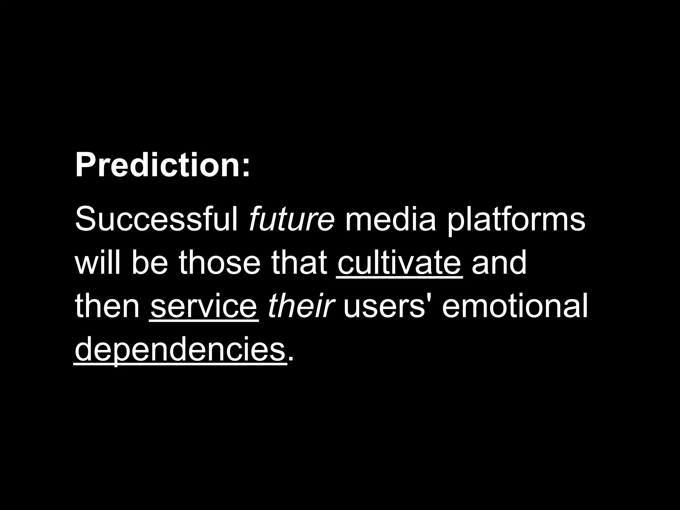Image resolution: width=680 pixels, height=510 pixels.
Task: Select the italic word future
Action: click(x=291, y=219)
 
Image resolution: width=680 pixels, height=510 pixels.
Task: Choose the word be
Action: click(x=149, y=263)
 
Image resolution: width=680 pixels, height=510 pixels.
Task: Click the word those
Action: click(x=219, y=263)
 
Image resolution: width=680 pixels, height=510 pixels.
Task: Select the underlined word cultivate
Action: click(x=399, y=263)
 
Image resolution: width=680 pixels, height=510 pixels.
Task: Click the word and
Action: click(x=499, y=263)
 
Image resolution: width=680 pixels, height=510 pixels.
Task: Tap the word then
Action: click(x=107, y=306)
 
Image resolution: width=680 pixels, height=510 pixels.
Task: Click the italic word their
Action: click(x=300, y=306)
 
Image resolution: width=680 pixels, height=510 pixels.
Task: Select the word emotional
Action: click(x=514, y=306)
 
